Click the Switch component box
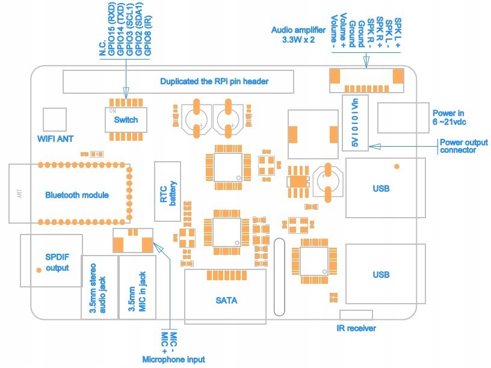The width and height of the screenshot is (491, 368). tap(126, 120)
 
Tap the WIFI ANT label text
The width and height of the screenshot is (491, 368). tap(55, 138)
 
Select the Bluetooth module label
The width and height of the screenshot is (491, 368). tap(77, 195)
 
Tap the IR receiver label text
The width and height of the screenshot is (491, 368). tap(357, 328)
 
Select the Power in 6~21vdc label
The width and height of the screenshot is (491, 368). tap(449, 117)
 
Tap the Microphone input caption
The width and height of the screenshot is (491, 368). tap(173, 359)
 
